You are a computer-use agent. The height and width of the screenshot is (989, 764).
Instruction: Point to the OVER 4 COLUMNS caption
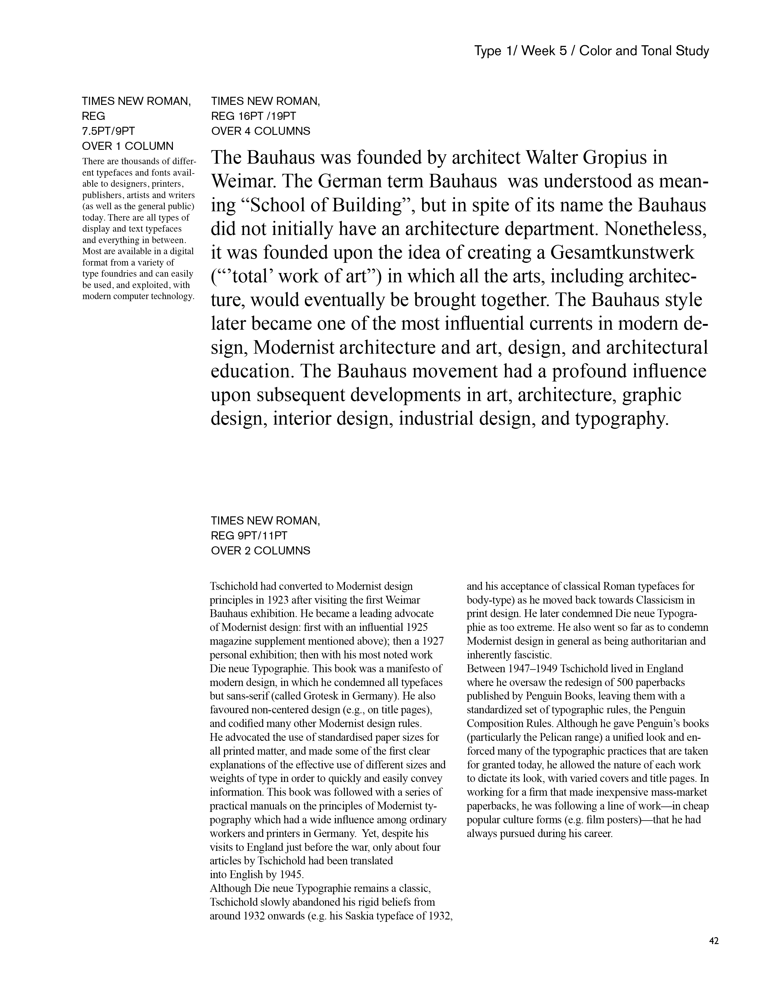[261, 131]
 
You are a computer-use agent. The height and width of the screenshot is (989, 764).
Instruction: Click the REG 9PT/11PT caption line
[249, 536]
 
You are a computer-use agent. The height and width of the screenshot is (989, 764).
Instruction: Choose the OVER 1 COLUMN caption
[128, 146]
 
